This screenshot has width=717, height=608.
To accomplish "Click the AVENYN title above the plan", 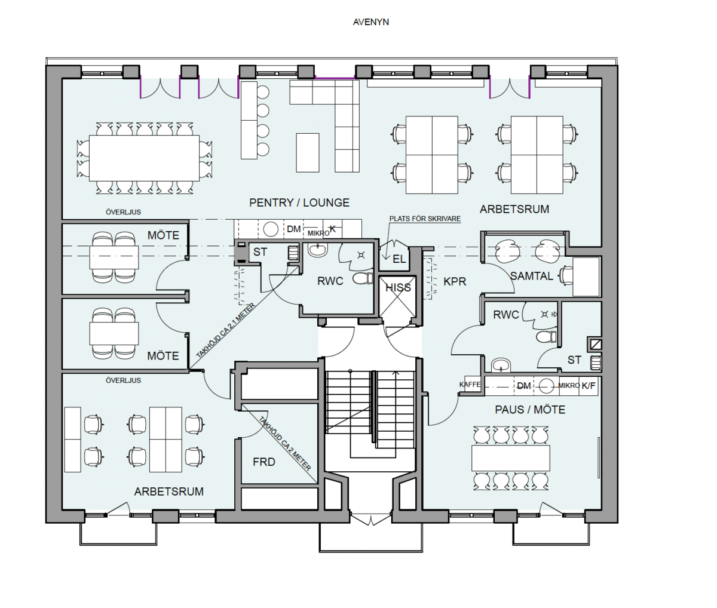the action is point(371,22).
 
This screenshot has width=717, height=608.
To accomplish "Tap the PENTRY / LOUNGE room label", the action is point(299,202).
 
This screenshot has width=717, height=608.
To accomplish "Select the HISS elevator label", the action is point(398,287).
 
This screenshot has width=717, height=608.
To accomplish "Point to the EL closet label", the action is point(399,259).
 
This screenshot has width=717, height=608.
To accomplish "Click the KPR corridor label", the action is point(455,282).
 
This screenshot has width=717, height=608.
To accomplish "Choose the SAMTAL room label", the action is point(531,276).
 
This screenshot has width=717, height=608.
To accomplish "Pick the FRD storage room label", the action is point(264,462).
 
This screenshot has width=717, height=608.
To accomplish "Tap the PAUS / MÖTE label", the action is point(530,410).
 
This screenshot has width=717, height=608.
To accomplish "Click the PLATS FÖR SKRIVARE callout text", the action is point(425,219).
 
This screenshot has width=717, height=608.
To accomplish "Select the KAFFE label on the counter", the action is point(470,385).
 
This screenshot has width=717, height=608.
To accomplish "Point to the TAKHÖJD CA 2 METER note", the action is point(285,444).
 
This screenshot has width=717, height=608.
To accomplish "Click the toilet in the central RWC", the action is point(363,278).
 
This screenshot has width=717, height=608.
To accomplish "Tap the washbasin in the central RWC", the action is point(317,250).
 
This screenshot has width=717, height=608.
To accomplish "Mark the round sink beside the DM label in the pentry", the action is point(271,229).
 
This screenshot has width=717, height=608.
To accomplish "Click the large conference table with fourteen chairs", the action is point(145,158).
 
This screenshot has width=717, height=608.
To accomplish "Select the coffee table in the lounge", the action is point(307,153).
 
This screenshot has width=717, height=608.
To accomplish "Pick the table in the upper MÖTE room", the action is point(114,257).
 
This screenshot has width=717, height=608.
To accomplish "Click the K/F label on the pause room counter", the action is point(588,386).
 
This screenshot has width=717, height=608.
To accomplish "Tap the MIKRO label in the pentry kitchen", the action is point(318,234).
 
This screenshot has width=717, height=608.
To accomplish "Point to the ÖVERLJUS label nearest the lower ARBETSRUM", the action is point(123,380).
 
